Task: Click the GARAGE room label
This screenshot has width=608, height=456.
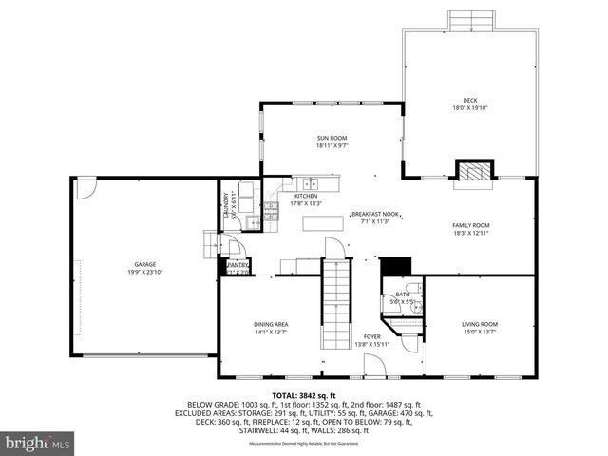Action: pyautogui.click(x=144, y=264)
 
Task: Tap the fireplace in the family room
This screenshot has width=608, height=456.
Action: pyautogui.click(x=472, y=171)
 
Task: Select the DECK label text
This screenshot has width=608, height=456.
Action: pyautogui.click(x=470, y=100)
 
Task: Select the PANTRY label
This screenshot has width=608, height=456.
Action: pyautogui.click(x=237, y=265)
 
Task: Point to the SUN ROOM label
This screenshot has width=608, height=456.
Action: pyautogui.click(x=332, y=139)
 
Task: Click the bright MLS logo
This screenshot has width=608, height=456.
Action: pyautogui.click(x=38, y=443)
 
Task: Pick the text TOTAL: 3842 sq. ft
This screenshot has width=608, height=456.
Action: pyautogui.click(x=304, y=394)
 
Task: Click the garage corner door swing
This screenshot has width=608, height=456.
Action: pyautogui.click(x=85, y=188)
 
